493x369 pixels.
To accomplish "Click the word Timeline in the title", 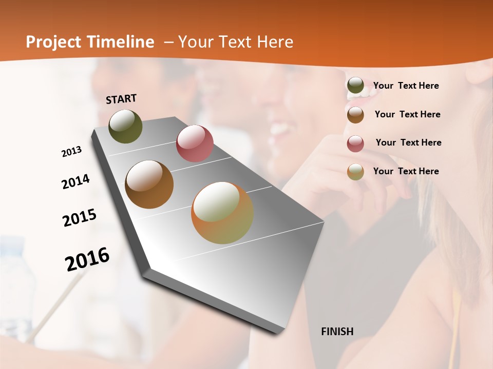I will (x=122, y=42).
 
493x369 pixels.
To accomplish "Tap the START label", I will (x=121, y=99).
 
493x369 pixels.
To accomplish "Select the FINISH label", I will (x=337, y=332).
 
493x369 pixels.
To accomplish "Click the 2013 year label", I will (x=71, y=152).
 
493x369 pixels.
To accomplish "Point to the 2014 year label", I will (x=75, y=182).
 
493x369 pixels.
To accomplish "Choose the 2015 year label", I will (x=79, y=218).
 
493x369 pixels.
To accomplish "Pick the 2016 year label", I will (x=87, y=259).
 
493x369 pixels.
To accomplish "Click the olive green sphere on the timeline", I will (x=125, y=126).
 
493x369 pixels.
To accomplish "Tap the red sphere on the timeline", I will (x=195, y=143).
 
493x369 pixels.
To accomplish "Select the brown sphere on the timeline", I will (x=149, y=184).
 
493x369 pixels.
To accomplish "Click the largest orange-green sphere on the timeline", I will (x=222, y=213).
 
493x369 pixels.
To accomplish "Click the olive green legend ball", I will (x=355, y=86).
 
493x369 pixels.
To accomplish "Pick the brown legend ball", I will (x=355, y=115).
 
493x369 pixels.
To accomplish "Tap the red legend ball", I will (x=355, y=143).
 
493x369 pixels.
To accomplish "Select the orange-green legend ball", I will (x=355, y=172).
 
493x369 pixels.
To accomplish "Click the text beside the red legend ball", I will (x=408, y=142).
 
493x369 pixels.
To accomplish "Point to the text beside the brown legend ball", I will (x=407, y=114).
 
